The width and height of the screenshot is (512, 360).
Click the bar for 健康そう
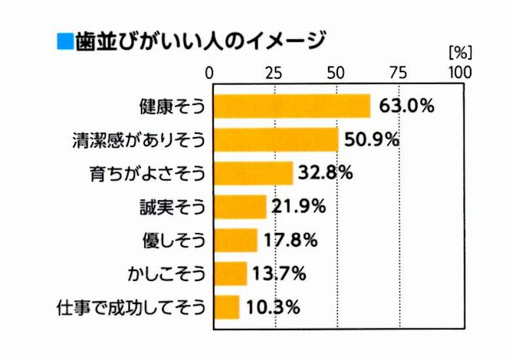(291, 106)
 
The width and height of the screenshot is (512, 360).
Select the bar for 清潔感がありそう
(276, 140)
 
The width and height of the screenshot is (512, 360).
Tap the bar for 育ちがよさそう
(253, 173)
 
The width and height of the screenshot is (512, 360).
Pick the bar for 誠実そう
(239, 206)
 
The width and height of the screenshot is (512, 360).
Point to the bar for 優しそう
(235, 240)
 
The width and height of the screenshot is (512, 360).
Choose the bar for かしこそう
(229, 273)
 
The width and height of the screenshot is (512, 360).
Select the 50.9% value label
(372, 139)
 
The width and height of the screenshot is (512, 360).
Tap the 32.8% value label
(325, 173)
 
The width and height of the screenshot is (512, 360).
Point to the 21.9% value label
(299, 206)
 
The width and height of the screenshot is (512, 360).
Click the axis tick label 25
(273, 73)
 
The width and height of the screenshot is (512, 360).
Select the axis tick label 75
(399, 73)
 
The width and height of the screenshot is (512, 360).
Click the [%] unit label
(458, 54)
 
